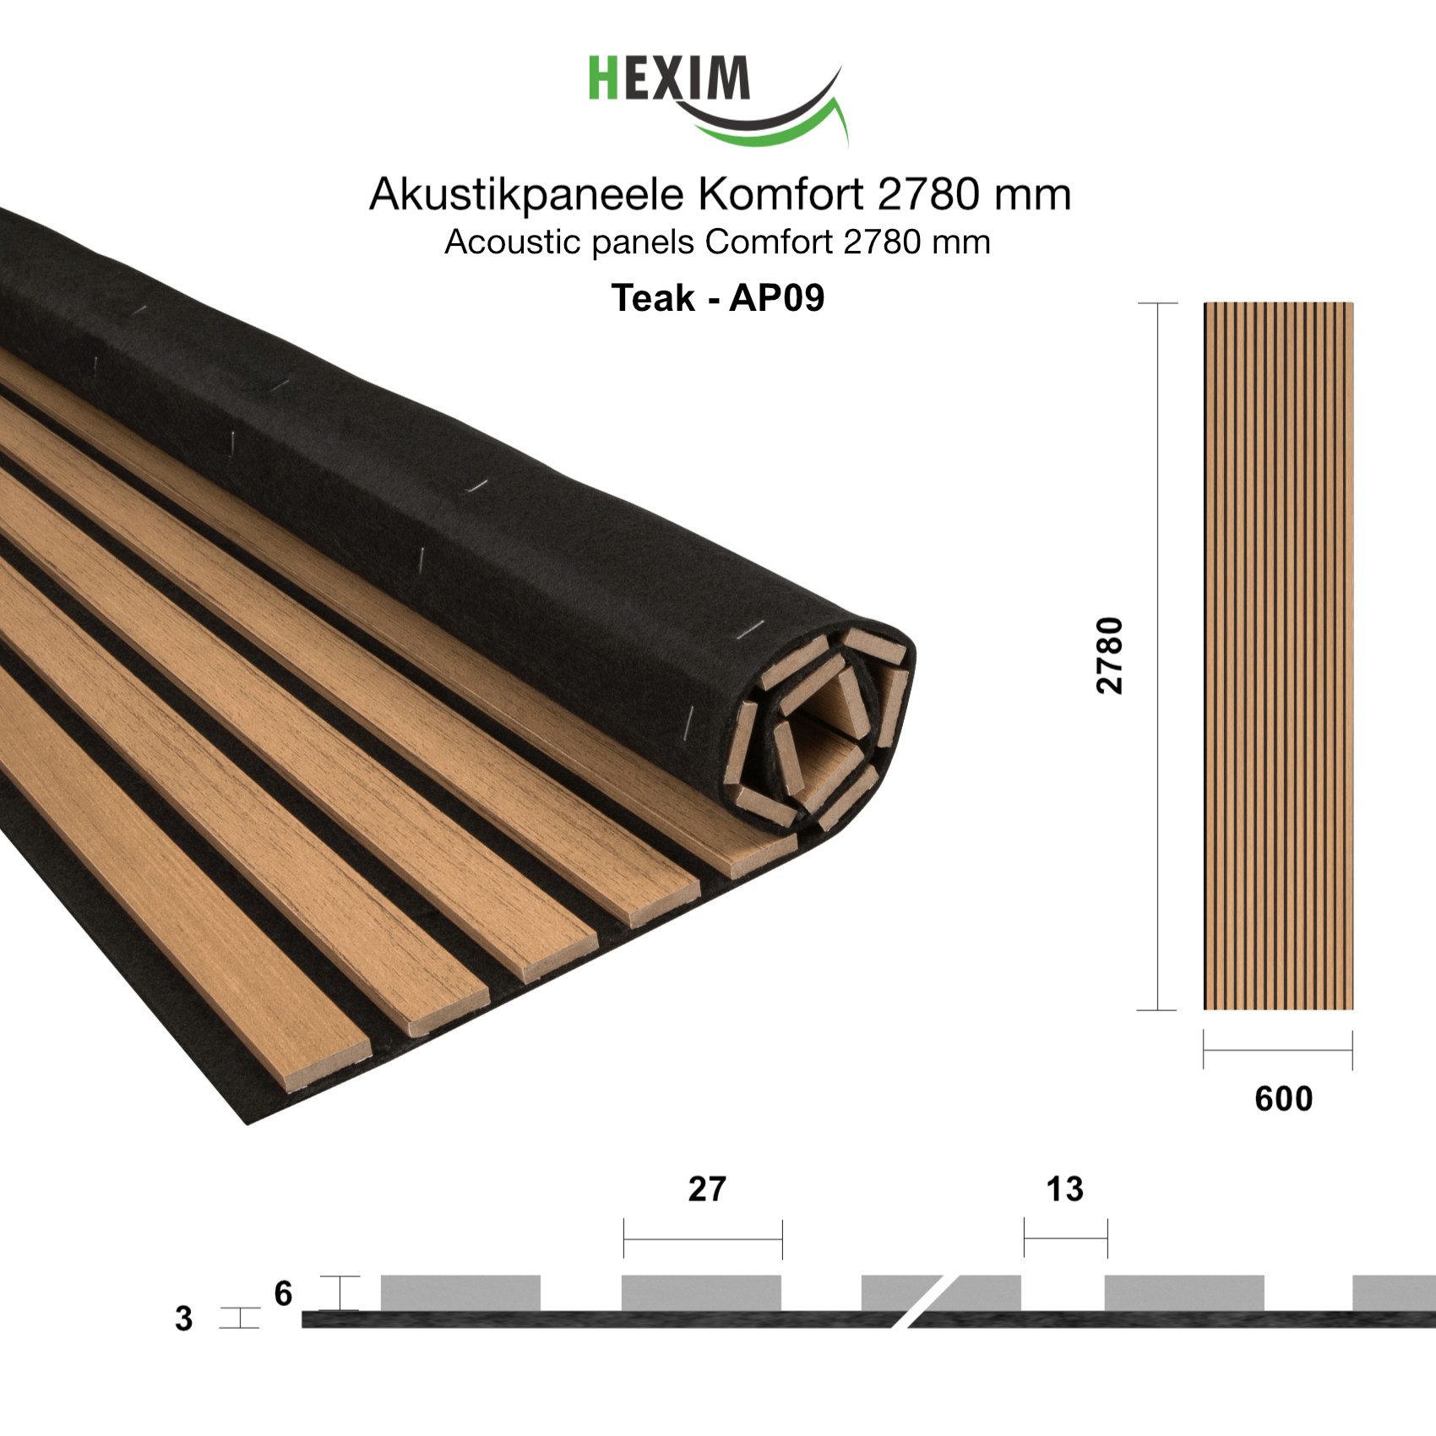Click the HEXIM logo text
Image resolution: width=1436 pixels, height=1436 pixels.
668,78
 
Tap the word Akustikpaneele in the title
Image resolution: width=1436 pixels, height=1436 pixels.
526,195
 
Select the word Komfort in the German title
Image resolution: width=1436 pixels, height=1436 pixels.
783,194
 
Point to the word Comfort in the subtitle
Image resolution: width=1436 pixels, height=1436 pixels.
770,242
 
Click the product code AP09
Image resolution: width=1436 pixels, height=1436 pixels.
776,297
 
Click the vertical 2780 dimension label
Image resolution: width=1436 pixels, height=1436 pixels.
1110,655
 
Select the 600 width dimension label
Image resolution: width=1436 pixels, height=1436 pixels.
1283,1098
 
